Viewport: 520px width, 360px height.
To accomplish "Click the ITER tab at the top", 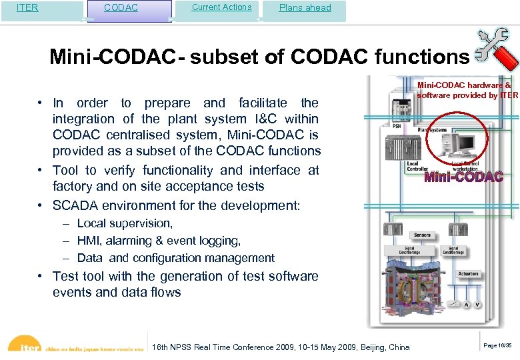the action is tap(27, 8).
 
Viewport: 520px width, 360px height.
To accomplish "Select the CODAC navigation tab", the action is tap(121, 8).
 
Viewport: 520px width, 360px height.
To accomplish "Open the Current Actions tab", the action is tap(221, 7).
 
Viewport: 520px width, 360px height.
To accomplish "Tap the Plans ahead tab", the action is tap(305, 8).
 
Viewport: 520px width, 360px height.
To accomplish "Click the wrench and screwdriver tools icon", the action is tap(495, 51).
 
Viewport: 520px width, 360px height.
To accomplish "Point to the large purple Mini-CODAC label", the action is tap(463, 177).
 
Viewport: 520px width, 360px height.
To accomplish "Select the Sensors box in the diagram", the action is tap(422, 235).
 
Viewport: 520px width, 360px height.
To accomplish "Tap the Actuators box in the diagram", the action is tap(468, 274).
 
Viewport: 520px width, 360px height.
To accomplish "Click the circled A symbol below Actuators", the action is tap(467, 305).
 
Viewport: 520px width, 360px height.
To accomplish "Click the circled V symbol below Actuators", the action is tap(478, 305).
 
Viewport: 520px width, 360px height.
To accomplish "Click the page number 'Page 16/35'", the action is tap(497, 345).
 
